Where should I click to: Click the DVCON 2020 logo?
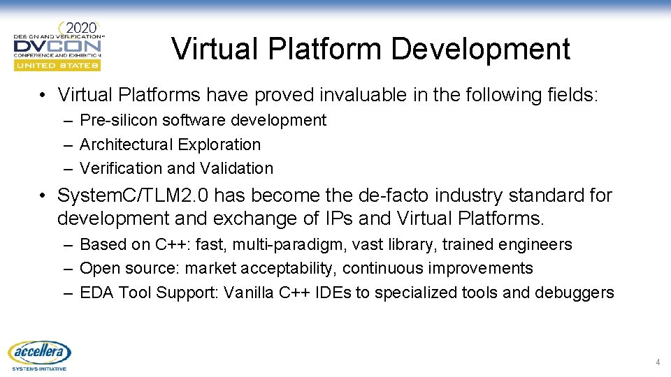[57, 45]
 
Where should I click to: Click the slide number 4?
[657, 362]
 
